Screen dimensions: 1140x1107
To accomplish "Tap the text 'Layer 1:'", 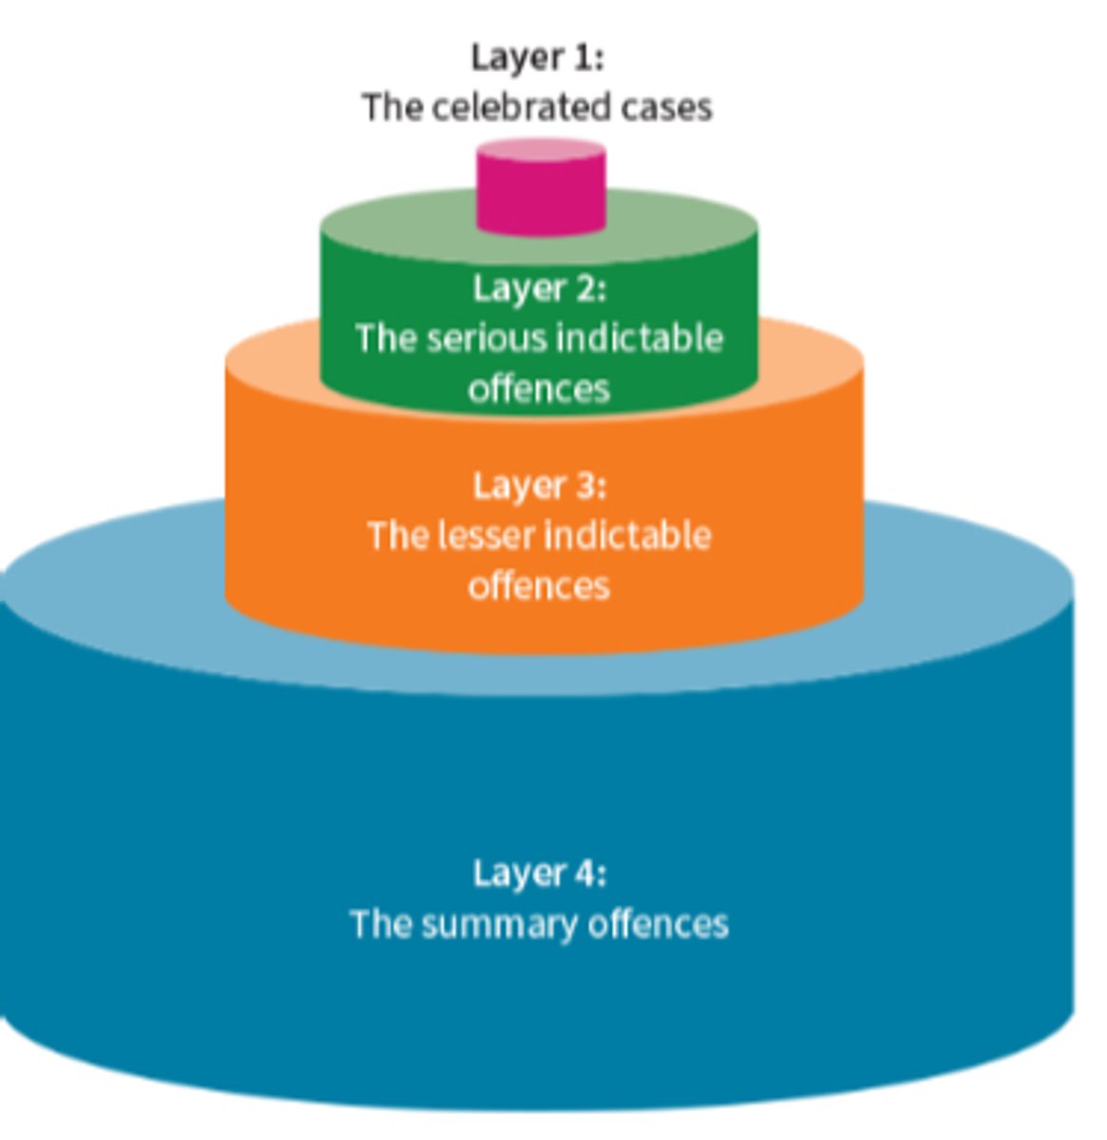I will coord(537,58).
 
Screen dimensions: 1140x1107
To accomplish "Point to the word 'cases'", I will coord(666,106).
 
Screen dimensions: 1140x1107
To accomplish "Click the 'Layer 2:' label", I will coord(539,288).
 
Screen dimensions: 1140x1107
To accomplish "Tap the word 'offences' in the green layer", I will coord(539,389).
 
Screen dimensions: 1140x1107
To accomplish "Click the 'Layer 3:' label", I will coord(539,485).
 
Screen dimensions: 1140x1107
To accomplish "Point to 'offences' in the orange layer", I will coord(539,586).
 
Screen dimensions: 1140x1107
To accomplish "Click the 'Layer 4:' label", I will coord(539,872).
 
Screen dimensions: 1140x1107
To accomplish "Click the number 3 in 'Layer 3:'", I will coord(586,485).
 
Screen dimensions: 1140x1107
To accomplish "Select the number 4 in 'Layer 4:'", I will coord(586,872).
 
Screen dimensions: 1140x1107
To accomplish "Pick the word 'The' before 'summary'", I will coord(379,923).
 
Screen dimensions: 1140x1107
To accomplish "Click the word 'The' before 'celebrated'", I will coord(391,106).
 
